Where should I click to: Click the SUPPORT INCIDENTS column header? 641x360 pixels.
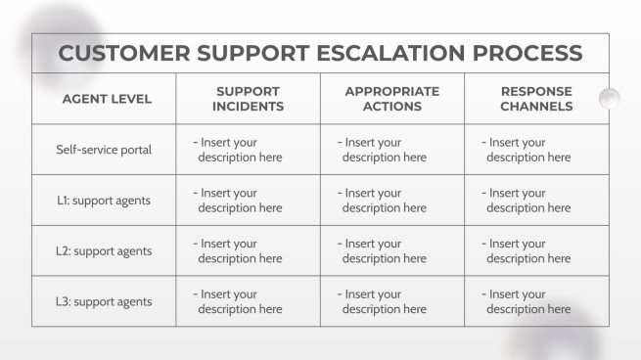249,99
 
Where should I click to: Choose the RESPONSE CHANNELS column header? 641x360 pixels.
536,99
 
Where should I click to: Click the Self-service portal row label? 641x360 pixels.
104,150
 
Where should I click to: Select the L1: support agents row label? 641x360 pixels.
104,201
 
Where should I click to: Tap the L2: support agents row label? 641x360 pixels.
104,251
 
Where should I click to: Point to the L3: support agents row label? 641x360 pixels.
104,301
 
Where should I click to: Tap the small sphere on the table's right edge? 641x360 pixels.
609,98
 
